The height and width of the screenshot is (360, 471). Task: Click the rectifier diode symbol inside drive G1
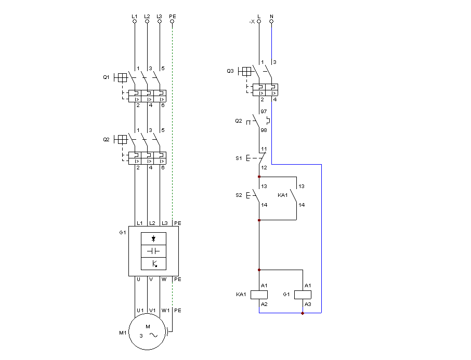[x=153, y=238]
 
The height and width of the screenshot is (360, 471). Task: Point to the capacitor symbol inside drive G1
[x=153, y=251]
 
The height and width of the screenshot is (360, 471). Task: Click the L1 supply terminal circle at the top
[x=135, y=21]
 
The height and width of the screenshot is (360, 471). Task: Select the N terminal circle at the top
[x=271, y=21]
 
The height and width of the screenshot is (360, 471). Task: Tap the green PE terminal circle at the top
[x=172, y=21]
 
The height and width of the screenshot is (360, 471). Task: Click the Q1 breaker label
[x=106, y=77]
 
